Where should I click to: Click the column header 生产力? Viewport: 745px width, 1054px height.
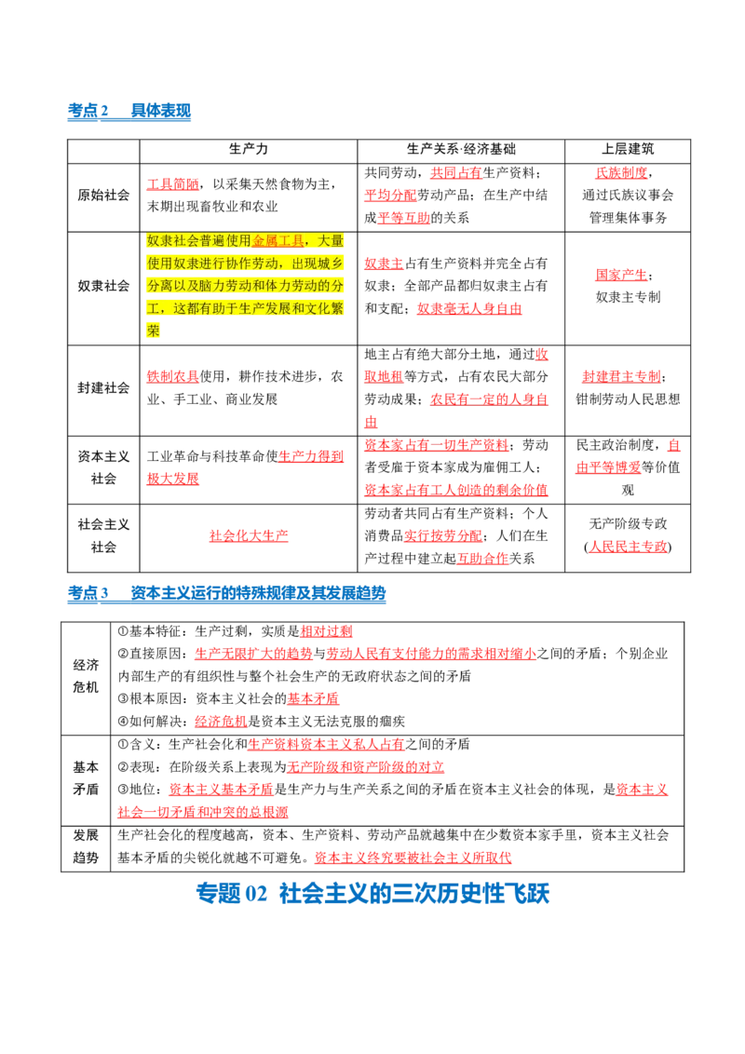(248, 149)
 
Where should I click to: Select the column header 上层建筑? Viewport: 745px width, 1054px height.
(628, 149)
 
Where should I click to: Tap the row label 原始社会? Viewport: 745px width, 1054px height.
(103, 195)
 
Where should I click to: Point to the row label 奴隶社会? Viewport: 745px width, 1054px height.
(103, 286)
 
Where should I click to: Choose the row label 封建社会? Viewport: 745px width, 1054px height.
(103, 388)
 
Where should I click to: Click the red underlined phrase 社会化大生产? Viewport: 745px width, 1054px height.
(249, 535)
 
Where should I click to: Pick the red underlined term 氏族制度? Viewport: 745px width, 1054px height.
(621, 173)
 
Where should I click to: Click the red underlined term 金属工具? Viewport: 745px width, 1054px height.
(278, 240)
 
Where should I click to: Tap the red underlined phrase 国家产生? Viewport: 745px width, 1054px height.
(621, 275)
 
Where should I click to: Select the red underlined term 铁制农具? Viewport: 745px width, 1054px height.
(173, 376)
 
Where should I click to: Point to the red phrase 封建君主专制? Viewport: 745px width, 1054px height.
(621, 376)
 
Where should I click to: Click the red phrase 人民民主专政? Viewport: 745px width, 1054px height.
(628, 547)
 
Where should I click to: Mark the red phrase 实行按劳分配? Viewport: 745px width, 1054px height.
(443, 535)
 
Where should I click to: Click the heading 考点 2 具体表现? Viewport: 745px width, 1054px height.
(129, 111)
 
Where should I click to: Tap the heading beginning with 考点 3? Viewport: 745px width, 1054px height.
(226, 593)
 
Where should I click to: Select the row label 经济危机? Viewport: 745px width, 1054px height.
(86, 676)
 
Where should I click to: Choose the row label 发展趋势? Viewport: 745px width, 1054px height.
(86, 846)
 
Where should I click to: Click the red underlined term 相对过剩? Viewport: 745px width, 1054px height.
(326, 631)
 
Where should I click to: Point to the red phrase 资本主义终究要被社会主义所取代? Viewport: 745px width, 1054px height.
(413, 858)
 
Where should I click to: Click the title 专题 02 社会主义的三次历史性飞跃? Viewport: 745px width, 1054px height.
(372, 893)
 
